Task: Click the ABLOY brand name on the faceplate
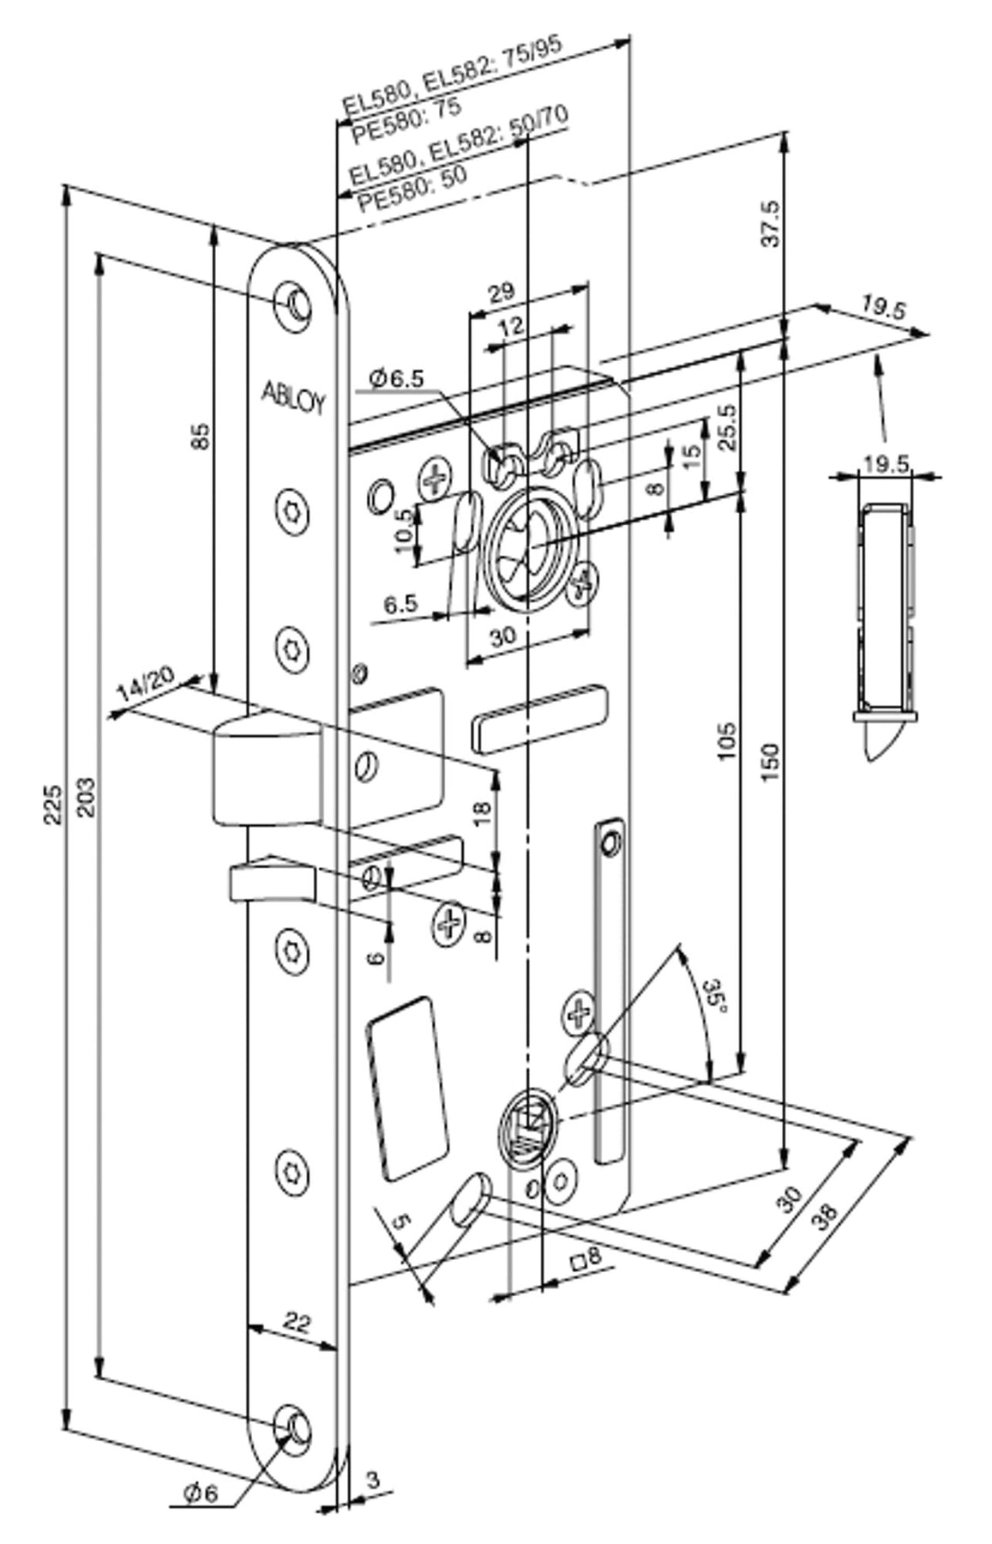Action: [x=293, y=397]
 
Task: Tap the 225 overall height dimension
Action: [x=53, y=803]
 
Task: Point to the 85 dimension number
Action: [x=199, y=437]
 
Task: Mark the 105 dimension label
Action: [x=725, y=742]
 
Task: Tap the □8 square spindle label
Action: [x=586, y=1259]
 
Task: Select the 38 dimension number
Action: [x=824, y=1215]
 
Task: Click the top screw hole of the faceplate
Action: [x=295, y=303]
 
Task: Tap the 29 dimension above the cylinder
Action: [x=502, y=293]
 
